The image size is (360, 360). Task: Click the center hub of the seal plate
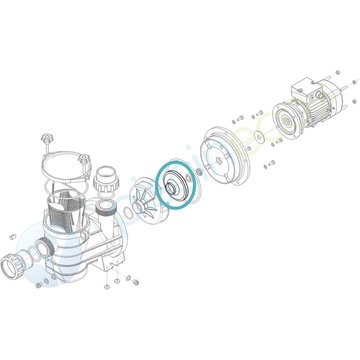(219, 150)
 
